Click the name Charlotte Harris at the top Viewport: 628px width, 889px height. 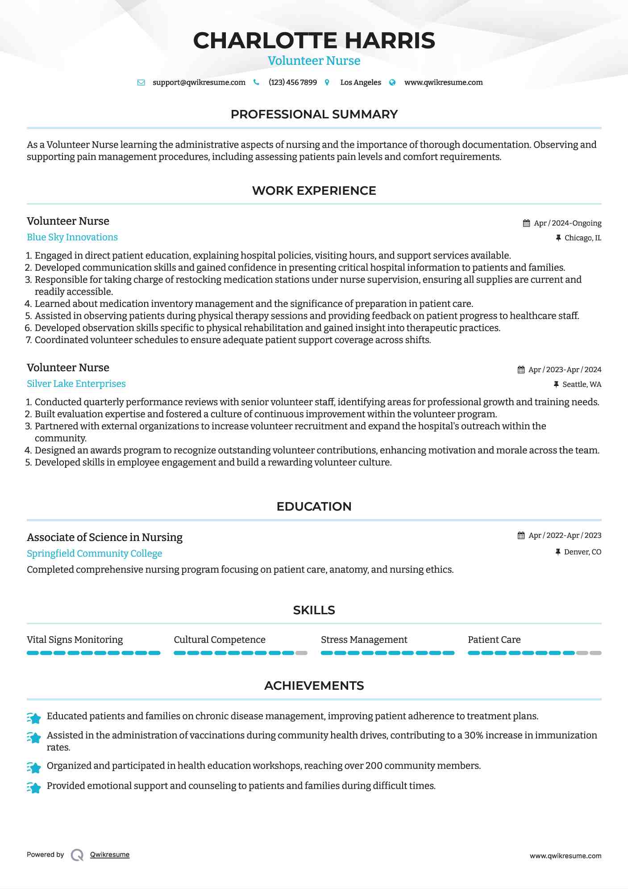pyautogui.click(x=314, y=40)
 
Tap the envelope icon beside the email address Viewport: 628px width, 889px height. pyautogui.click(x=141, y=83)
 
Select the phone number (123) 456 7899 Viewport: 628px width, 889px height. pyautogui.click(x=292, y=83)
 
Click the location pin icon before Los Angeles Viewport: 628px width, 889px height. pyautogui.click(x=327, y=83)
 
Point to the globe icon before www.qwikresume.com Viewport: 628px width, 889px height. pyautogui.click(x=392, y=83)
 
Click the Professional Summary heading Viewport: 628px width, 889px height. pyautogui.click(x=314, y=114)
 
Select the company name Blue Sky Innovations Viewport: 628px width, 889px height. pyautogui.click(x=72, y=237)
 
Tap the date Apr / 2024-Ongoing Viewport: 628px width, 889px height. pyautogui.click(x=567, y=223)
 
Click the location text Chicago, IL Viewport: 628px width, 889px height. pyautogui.click(x=582, y=238)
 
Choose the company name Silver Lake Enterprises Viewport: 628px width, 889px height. pyautogui.click(x=76, y=384)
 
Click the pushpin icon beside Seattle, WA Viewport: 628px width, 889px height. pyautogui.click(x=556, y=384)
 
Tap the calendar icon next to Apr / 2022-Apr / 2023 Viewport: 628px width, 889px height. pyautogui.click(x=521, y=536)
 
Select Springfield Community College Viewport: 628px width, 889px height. pyautogui.click(x=94, y=554)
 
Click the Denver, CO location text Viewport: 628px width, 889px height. pyautogui.click(x=582, y=552)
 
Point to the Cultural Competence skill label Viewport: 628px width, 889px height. pyautogui.click(x=220, y=640)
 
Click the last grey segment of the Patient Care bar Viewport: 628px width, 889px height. pyautogui.click(x=595, y=653)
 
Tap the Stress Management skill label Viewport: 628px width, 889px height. pyautogui.click(x=364, y=640)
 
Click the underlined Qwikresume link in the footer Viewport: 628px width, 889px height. pyautogui.click(x=110, y=855)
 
